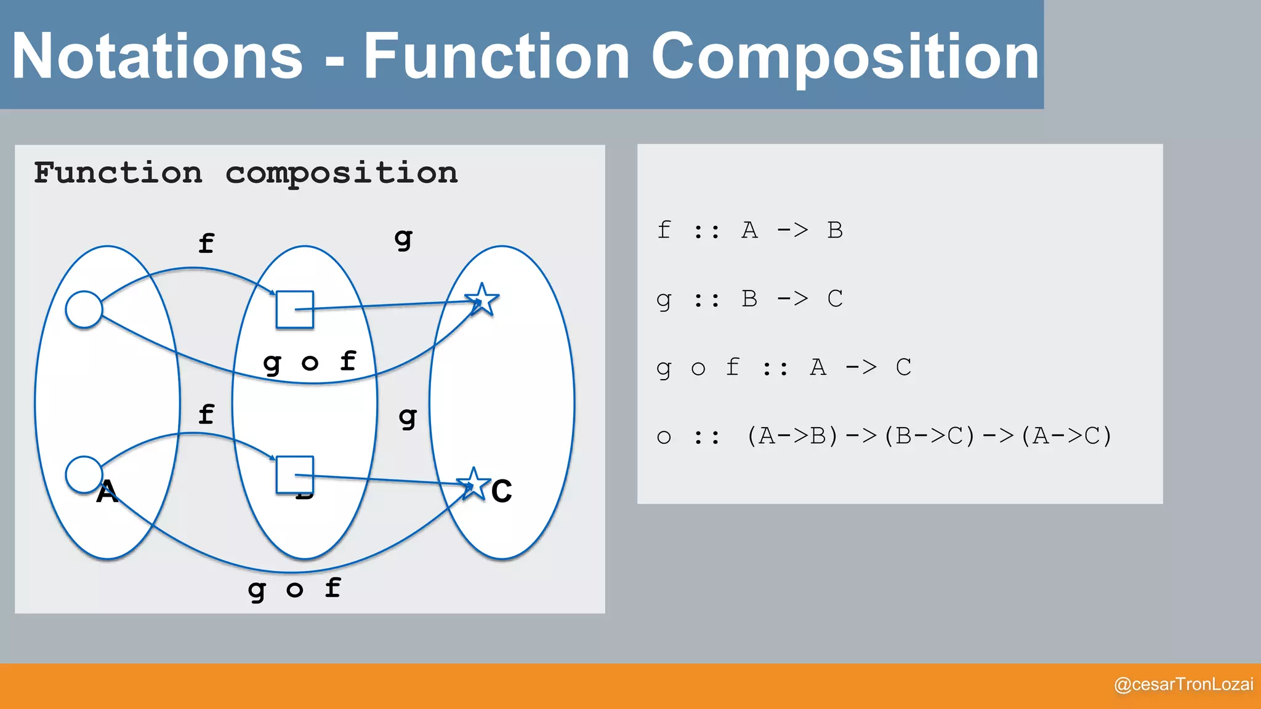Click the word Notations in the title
click(x=158, y=57)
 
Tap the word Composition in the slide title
click(x=845, y=57)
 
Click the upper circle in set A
click(x=84, y=309)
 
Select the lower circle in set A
click(x=84, y=475)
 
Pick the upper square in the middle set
click(x=295, y=310)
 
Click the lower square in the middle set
click(x=295, y=475)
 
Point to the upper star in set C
click(x=482, y=300)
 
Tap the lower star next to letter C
click(x=473, y=484)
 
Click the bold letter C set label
click(x=502, y=491)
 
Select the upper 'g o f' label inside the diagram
click(x=310, y=362)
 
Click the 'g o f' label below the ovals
click(x=294, y=589)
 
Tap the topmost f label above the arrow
click(x=206, y=244)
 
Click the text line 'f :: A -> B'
click(x=749, y=230)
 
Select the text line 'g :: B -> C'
click(x=749, y=299)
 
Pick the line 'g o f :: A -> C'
click(x=783, y=367)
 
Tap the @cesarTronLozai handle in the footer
click(x=1183, y=684)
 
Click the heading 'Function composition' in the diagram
click(x=246, y=173)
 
